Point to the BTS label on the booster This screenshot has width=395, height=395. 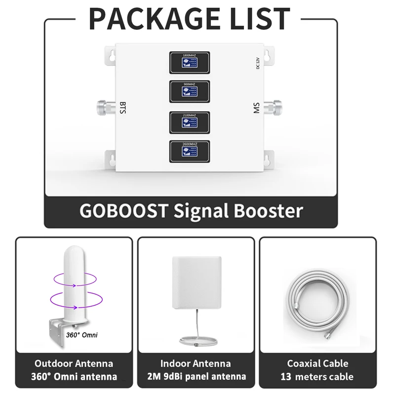(x=123, y=107)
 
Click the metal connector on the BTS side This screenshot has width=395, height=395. (x=105, y=106)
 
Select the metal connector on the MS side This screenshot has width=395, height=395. (x=273, y=106)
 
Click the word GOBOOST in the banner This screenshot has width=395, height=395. (x=123, y=211)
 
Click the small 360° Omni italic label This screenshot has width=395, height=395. (x=82, y=335)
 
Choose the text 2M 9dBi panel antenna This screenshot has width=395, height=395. (x=196, y=377)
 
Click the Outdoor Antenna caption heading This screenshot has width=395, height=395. (x=74, y=363)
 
